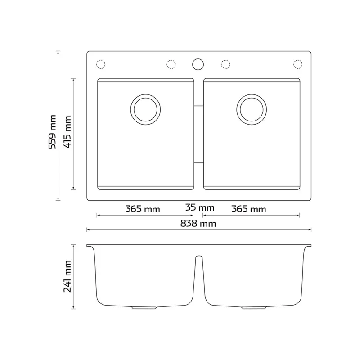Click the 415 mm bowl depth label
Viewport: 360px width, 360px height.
point(68,133)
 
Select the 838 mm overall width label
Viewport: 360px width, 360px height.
point(199,223)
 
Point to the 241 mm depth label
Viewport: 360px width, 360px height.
point(68,276)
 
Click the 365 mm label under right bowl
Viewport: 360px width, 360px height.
point(249,209)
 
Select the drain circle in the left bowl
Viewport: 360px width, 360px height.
point(145,109)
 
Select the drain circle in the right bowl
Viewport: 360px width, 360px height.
point(251,109)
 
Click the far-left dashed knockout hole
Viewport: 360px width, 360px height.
point(101,64)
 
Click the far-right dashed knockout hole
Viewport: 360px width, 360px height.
point(298,64)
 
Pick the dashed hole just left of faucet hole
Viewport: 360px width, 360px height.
point(171,64)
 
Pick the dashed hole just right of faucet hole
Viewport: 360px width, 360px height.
point(225,64)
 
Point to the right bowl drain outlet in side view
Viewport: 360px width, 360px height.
point(254,308)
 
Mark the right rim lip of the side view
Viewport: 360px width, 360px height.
point(309,246)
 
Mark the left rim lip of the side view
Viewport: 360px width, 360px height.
point(89,246)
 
